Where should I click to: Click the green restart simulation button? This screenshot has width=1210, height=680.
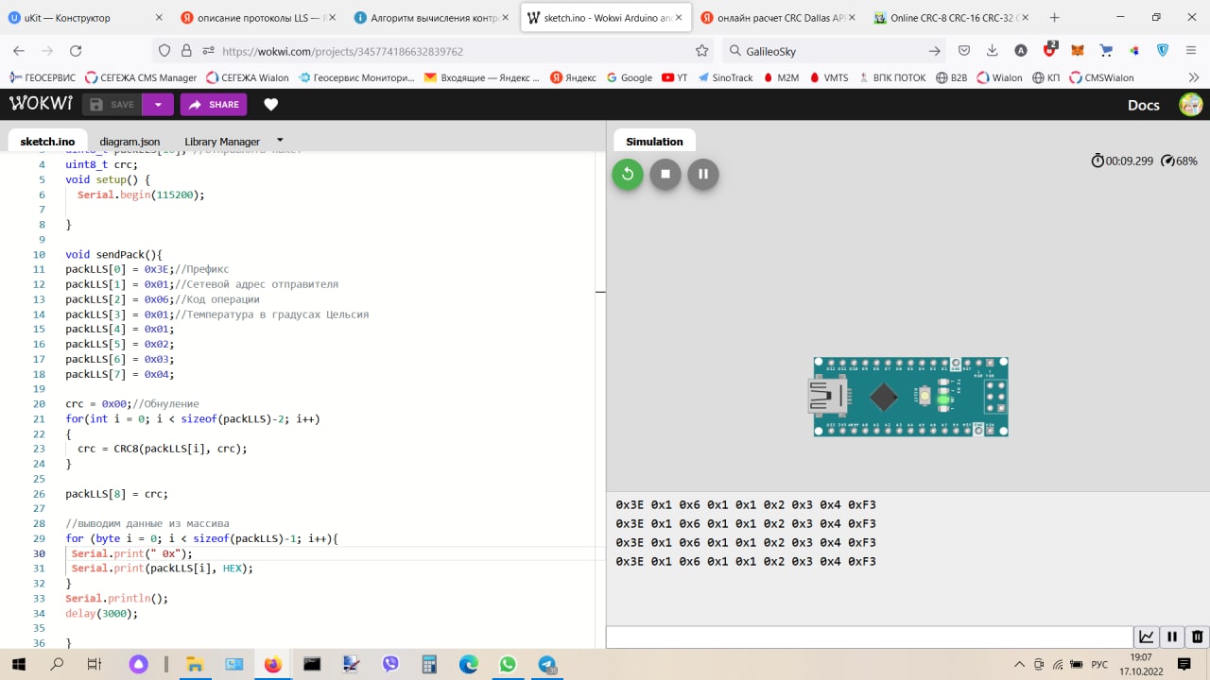[628, 174]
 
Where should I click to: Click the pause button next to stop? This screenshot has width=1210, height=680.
[703, 174]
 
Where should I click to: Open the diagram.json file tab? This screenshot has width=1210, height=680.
[130, 142]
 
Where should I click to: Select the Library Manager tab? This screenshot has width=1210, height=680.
[222, 142]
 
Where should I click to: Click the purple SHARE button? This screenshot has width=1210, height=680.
[214, 105]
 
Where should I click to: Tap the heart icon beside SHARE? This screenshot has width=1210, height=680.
[271, 105]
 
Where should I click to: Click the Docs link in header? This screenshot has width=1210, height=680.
[1143, 105]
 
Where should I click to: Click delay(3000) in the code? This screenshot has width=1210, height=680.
[101, 613]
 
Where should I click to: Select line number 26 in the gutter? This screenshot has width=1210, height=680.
[39, 494]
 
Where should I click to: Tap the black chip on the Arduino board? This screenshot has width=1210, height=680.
[883, 397]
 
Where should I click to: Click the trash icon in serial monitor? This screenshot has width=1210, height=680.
[1197, 637]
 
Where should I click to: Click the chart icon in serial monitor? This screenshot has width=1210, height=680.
[1147, 637]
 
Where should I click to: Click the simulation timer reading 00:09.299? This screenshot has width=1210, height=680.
[1130, 161]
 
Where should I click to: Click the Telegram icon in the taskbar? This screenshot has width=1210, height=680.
[546, 665]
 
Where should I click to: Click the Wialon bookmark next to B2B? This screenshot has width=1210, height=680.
[1000, 77]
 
